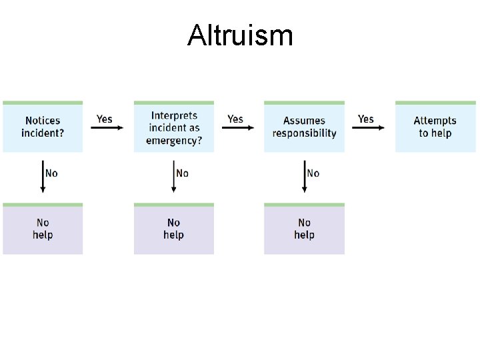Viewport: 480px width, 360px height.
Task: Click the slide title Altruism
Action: (240, 35)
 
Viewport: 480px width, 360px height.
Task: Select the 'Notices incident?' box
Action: (43, 127)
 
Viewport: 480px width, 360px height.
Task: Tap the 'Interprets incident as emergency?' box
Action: (174, 127)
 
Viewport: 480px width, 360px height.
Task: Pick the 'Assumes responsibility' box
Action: (304, 127)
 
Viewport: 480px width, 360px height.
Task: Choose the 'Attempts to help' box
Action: (435, 127)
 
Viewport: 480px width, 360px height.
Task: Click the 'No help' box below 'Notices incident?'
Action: (43, 229)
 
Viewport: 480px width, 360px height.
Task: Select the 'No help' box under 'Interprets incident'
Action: (174, 229)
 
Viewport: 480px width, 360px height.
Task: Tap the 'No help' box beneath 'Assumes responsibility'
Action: (304, 229)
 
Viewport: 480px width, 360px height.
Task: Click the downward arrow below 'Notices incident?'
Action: (43, 177)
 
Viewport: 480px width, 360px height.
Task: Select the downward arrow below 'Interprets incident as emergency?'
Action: (174, 177)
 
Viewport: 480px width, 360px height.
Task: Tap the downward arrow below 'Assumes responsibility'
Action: (305, 177)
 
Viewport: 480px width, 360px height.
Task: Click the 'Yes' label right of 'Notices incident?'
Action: (105, 119)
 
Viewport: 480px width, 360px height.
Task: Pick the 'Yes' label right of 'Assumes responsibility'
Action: (366, 119)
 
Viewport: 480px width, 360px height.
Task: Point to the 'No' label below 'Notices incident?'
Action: (51, 173)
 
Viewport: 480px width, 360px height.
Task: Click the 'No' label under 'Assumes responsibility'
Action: (313, 173)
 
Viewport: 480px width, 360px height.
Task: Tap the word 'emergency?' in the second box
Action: (174, 140)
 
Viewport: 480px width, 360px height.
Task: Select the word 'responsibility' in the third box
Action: (304, 133)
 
